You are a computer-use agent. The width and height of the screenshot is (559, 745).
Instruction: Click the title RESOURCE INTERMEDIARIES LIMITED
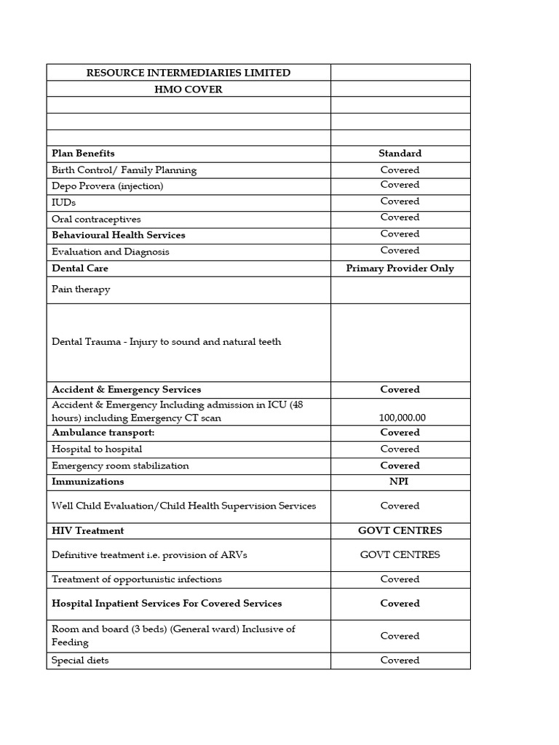tap(188, 73)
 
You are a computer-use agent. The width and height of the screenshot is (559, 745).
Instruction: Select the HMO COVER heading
tap(189, 89)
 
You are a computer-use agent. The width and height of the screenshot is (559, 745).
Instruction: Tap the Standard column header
tap(400, 154)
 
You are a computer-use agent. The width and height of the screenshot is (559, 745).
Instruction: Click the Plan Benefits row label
tap(83, 154)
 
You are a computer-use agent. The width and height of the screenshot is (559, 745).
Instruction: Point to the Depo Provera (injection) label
tap(108, 186)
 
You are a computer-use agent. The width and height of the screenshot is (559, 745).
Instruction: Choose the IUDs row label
tap(64, 202)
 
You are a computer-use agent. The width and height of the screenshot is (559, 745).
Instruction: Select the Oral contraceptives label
tap(96, 219)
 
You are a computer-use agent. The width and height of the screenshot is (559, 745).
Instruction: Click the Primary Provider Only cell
tap(400, 268)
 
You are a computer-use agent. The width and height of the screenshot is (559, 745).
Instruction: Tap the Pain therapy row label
tap(81, 290)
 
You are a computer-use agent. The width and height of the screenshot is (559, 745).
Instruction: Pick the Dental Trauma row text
tap(166, 342)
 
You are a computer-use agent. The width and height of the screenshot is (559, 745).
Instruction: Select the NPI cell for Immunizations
tap(400, 482)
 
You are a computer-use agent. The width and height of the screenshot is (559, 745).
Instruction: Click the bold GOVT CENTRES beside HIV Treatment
tap(400, 531)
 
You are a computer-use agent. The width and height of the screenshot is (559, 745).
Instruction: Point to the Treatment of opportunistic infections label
tap(137, 580)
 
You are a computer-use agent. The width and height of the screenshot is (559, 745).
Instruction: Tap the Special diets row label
tap(80, 661)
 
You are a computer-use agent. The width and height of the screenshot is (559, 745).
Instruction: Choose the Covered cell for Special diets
tap(400, 661)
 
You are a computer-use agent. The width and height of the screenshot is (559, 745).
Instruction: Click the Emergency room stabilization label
tap(120, 466)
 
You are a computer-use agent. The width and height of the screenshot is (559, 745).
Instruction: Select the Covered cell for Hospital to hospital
tap(400, 450)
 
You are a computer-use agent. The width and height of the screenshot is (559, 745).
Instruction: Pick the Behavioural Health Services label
tap(119, 235)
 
